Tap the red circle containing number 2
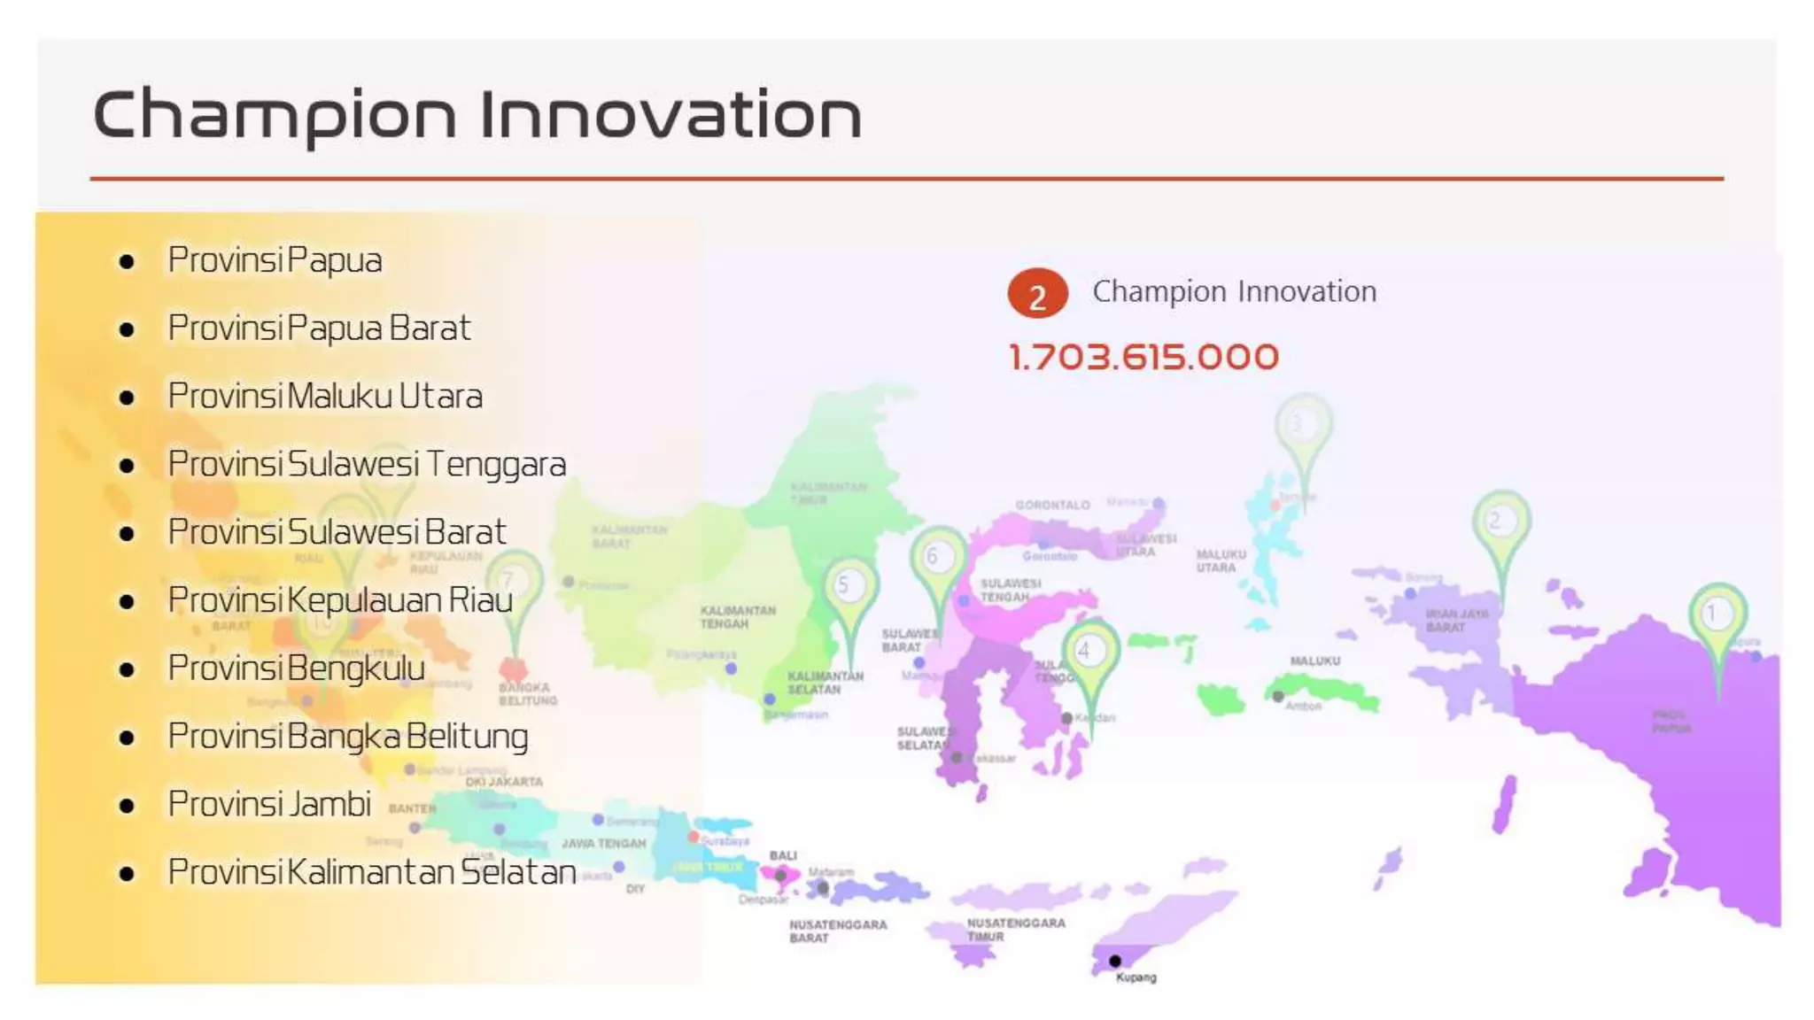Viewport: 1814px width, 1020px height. coord(1037,294)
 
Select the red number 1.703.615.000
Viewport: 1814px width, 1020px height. coord(1143,358)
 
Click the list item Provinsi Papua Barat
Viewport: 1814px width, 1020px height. coord(319,328)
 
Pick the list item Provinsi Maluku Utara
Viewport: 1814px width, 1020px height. coord(325,397)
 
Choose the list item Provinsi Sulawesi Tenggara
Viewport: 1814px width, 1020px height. coord(367,465)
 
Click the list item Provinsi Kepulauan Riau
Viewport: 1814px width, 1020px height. coord(340,600)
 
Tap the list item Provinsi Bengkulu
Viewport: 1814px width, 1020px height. coord(297,668)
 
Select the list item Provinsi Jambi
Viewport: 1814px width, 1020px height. coord(269,805)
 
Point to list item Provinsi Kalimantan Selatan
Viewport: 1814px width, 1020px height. coord(372,873)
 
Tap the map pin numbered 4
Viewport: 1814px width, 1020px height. coord(1089,653)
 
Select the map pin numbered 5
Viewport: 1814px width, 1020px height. coord(849,586)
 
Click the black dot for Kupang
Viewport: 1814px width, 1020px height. coord(1114,961)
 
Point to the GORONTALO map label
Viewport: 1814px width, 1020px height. coord(1052,506)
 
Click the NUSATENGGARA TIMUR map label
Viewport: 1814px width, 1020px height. coord(1015,929)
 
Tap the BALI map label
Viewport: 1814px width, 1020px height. coord(783,855)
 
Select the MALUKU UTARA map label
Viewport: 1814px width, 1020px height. coord(1221,560)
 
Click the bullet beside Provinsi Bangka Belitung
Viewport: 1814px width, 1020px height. coord(127,738)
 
